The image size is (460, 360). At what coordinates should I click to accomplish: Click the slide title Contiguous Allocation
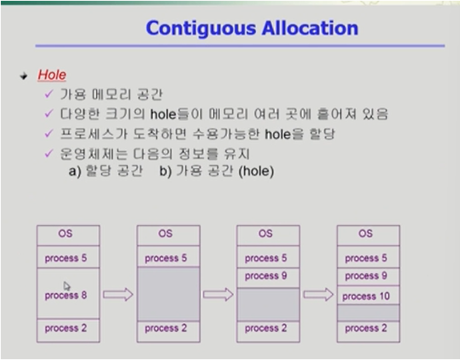tap(251, 28)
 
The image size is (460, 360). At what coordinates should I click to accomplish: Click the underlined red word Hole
tap(52, 75)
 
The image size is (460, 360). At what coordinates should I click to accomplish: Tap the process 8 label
tap(66, 295)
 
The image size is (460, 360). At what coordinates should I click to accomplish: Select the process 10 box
tap(366, 296)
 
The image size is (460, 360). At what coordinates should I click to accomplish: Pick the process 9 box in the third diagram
tap(266, 276)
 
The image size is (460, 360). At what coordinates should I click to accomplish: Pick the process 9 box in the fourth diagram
tap(366, 276)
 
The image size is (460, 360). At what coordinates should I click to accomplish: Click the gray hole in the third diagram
tap(266, 304)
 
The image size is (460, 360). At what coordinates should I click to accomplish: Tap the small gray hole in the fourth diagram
tap(367, 313)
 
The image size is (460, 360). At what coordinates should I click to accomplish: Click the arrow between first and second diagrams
tap(118, 295)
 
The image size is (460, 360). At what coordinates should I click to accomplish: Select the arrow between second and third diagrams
tap(218, 295)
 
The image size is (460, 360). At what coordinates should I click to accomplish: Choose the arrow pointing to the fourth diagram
tap(318, 295)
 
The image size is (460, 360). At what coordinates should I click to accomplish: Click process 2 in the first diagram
tap(66, 328)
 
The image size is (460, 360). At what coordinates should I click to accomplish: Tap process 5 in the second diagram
tap(166, 258)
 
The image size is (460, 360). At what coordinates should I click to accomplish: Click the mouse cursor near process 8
tap(66, 285)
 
